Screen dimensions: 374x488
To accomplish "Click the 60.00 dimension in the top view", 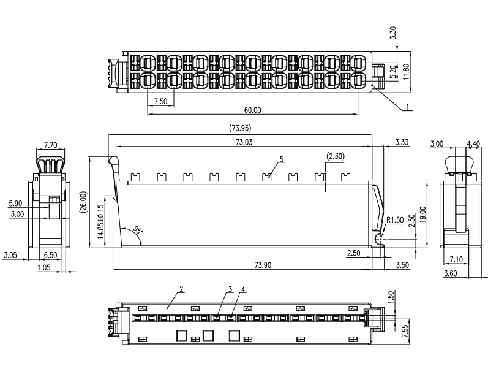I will [252, 110].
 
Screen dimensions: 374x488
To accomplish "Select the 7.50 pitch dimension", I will [161, 101].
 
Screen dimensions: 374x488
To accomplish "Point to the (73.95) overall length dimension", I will [240, 128].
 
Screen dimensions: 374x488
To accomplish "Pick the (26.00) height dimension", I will [84, 202].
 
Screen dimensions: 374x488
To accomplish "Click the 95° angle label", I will [137, 231].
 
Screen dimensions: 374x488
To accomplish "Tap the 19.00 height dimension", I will [422, 214].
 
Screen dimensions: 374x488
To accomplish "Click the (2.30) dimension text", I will [335, 156].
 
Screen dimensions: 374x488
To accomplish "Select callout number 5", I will [281, 159].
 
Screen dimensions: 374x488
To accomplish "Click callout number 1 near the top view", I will [407, 107].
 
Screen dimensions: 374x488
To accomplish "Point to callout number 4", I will [243, 289].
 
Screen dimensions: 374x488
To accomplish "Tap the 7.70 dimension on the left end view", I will [51, 145].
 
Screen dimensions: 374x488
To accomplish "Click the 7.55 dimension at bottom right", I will [404, 332].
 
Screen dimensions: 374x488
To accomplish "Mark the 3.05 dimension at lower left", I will [10, 254].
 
